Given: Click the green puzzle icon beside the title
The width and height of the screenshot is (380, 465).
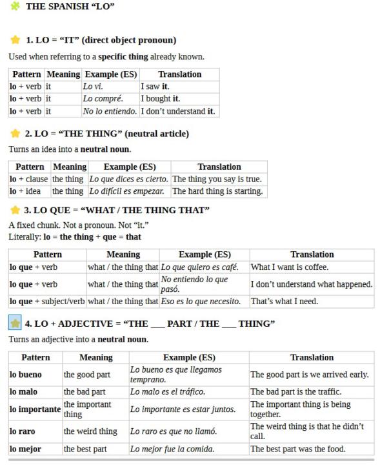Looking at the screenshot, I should pos(15,6).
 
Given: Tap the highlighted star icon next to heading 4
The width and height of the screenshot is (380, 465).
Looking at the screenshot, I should pos(15,323).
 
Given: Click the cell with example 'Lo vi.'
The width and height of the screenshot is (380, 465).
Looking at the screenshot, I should pos(93,87).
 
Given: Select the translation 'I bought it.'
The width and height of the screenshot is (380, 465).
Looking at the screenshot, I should pos(161,99).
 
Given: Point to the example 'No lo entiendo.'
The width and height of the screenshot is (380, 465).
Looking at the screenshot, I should pos(110,111).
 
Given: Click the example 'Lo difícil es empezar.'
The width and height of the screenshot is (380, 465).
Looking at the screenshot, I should pos(126,191).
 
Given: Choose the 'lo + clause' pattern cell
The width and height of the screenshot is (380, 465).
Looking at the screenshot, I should pos(28,179).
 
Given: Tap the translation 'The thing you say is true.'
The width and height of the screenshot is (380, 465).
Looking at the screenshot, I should pos(217,179).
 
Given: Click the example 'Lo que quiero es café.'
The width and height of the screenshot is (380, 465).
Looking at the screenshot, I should pos(199,267).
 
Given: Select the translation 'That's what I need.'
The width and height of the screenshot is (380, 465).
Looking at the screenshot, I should pos(285,301).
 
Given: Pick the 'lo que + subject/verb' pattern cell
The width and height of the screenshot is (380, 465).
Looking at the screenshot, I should pos(47,301).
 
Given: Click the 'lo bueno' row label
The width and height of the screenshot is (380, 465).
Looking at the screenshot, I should pos(26,375).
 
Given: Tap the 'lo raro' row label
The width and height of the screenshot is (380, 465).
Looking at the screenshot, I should pos(23,431).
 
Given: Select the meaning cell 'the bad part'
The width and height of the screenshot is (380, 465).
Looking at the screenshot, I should pos(85,391).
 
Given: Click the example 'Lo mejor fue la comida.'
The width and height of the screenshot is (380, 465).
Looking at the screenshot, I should pos(172,449).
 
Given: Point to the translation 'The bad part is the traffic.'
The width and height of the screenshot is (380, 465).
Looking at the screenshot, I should pos(295,391).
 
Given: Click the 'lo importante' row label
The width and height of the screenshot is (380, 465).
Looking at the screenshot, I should pos(34,409).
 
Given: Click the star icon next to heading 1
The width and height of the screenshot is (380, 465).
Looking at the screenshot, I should pos(15,40).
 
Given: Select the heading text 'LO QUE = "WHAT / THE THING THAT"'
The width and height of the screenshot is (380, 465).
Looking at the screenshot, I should pos(117,211).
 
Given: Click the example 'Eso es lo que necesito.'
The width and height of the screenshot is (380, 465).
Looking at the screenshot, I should pos(201,301).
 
